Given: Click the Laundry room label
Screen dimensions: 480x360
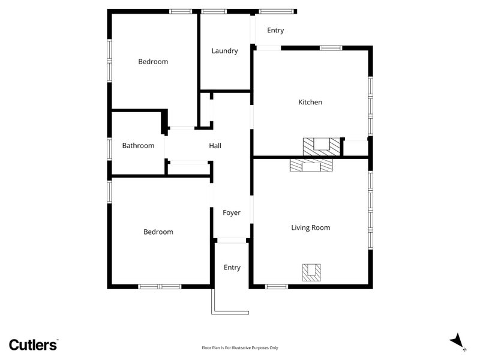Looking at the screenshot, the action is pyautogui.click(x=224, y=51).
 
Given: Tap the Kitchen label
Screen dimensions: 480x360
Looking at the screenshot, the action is pyautogui.click(x=310, y=102).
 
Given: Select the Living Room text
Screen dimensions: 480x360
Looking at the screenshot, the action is pyautogui.click(x=311, y=227).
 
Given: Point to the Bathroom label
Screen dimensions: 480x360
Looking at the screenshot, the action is pyautogui.click(x=138, y=145).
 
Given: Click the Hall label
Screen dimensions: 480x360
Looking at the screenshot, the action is pyautogui.click(x=215, y=146).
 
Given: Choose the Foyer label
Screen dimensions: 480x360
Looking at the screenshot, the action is pyautogui.click(x=232, y=213).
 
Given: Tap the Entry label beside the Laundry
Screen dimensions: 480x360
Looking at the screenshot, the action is pyautogui.click(x=275, y=31).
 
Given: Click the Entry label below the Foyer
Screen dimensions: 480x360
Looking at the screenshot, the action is pyautogui.click(x=232, y=268).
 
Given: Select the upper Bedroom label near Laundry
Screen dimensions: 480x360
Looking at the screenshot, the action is pyautogui.click(x=153, y=62).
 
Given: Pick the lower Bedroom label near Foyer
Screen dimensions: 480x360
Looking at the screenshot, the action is pyautogui.click(x=158, y=232).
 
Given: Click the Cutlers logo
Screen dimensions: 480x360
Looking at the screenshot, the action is pyautogui.click(x=33, y=344).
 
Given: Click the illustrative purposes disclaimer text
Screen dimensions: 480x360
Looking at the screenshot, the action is pyautogui.click(x=240, y=348).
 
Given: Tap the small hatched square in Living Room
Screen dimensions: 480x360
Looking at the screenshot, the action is pyautogui.click(x=311, y=272).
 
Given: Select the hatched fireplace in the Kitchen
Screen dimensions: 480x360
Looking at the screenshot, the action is pyautogui.click(x=322, y=147).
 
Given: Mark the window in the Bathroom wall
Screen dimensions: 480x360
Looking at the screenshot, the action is pyautogui.click(x=109, y=149).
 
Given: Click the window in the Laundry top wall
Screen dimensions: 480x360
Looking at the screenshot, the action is pyautogui.click(x=214, y=11).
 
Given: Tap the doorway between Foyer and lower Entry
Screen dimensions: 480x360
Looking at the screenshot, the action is pyautogui.click(x=232, y=241).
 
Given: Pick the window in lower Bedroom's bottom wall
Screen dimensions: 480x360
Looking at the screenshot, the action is pyautogui.click(x=160, y=287).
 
